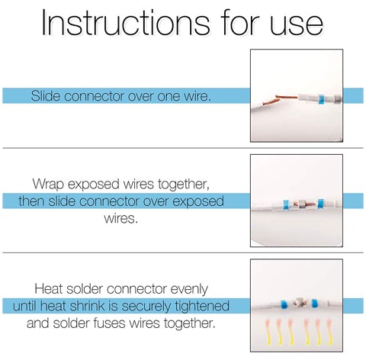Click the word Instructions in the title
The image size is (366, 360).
click(126, 22)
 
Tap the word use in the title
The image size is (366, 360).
click(296, 25)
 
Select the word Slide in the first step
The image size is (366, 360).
click(46, 96)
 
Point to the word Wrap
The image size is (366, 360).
click(48, 184)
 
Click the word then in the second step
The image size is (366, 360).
click(31, 201)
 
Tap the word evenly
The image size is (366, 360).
click(189, 289)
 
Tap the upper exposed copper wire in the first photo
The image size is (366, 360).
click(287, 97)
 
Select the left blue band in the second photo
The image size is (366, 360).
click(287, 205)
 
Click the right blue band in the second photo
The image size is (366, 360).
click(321, 204)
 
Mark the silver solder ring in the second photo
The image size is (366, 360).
click(303, 204)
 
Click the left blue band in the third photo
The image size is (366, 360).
click(284, 304)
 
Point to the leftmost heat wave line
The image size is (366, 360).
click(268, 333)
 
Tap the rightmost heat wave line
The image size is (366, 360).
click(329, 333)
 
